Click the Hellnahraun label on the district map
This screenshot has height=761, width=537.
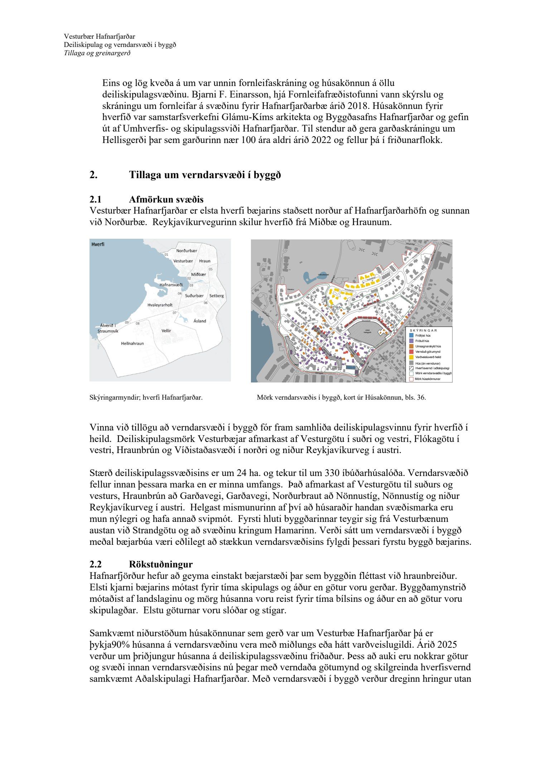[132, 343]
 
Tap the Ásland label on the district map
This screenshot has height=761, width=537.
[199, 321]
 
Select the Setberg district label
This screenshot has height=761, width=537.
[216, 296]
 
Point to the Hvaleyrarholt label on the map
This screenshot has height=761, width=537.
[160, 305]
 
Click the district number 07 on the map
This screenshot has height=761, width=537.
[174, 313]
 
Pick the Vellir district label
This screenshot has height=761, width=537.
[166, 330]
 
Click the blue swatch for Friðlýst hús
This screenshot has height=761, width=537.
[411, 336]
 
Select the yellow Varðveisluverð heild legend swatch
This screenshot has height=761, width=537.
[411, 357]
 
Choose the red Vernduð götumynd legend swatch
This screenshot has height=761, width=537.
[411, 352]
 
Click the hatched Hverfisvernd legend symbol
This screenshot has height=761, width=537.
[411, 368]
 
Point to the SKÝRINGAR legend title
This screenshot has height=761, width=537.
[424, 330]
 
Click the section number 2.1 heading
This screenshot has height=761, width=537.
[96, 199]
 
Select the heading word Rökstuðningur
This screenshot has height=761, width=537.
[161, 564]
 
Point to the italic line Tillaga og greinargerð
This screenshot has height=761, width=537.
[97, 53]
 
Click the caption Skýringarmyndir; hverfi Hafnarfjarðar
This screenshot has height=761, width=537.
[146, 398]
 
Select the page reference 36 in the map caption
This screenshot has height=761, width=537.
[421, 398]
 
